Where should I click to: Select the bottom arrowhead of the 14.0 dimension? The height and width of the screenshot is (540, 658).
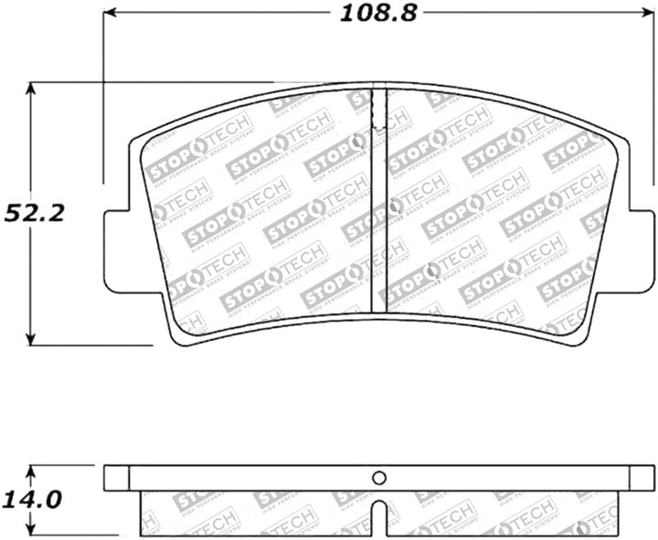(32, 530)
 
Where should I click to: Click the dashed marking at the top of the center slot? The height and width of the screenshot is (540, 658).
(377, 111)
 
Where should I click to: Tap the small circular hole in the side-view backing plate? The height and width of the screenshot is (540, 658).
(380, 478)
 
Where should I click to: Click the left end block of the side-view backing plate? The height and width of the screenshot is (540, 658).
(116, 478)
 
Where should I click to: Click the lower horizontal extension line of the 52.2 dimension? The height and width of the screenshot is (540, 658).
(91, 345)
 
